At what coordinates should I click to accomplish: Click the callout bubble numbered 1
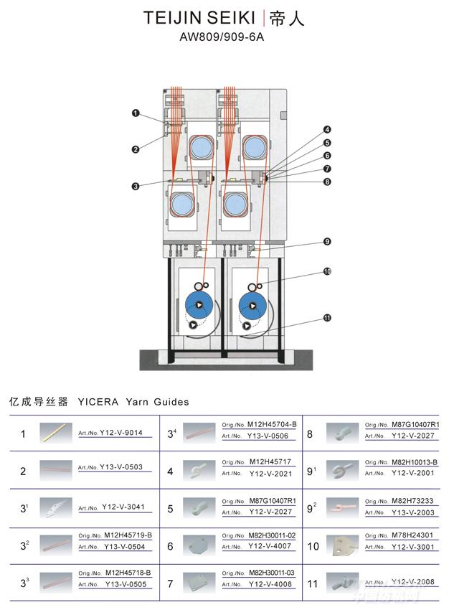click(136, 113)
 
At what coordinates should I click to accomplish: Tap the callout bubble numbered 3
click(135, 187)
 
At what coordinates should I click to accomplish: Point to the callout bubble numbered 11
click(327, 318)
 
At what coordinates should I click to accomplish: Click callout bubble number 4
click(327, 130)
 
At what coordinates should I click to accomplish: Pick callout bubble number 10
click(327, 272)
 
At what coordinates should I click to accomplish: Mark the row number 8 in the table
click(310, 433)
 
